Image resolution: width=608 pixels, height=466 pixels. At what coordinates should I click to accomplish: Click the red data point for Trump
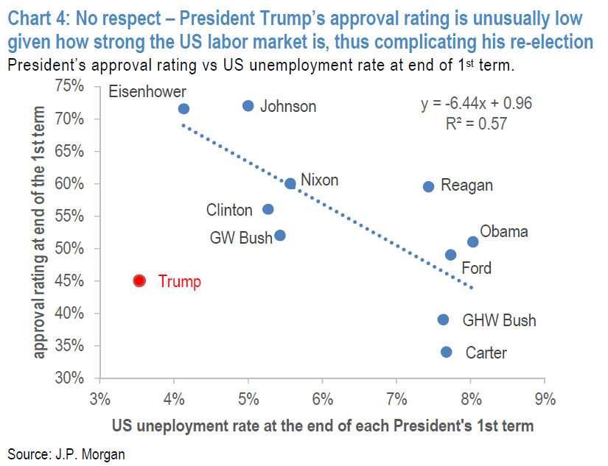[139, 280]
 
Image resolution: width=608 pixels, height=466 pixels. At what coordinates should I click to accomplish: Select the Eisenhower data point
[184, 109]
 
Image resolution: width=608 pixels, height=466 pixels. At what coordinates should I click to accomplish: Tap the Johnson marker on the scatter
[248, 106]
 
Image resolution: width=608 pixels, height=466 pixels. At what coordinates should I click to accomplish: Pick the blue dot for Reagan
[429, 186]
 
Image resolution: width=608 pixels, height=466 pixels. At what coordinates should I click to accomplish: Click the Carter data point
[447, 352]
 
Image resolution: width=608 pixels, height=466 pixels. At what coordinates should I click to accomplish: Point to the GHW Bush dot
[443, 320]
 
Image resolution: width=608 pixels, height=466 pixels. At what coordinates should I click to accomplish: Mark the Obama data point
[473, 241]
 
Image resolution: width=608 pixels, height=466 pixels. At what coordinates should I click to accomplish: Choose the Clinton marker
[268, 209]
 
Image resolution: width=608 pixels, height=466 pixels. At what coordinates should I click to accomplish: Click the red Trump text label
[179, 281]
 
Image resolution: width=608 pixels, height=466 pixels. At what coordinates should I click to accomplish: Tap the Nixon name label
[320, 180]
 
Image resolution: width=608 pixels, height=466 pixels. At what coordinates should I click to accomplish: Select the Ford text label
[476, 269]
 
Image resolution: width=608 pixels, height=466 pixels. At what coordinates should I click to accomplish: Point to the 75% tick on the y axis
[70, 86]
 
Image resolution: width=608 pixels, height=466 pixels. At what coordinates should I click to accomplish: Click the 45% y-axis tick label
[70, 281]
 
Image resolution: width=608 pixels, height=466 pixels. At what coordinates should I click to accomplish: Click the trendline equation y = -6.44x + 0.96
[476, 104]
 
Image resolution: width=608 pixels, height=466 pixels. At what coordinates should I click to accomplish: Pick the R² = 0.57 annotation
[476, 124]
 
